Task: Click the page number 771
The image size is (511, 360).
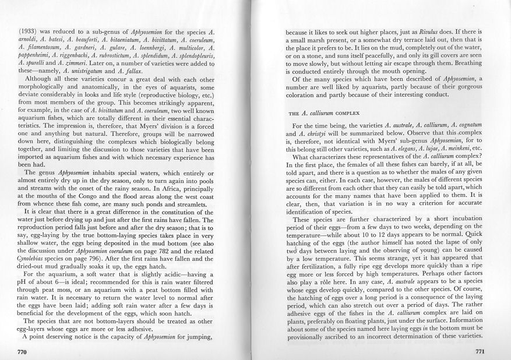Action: [x=480, y=352]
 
